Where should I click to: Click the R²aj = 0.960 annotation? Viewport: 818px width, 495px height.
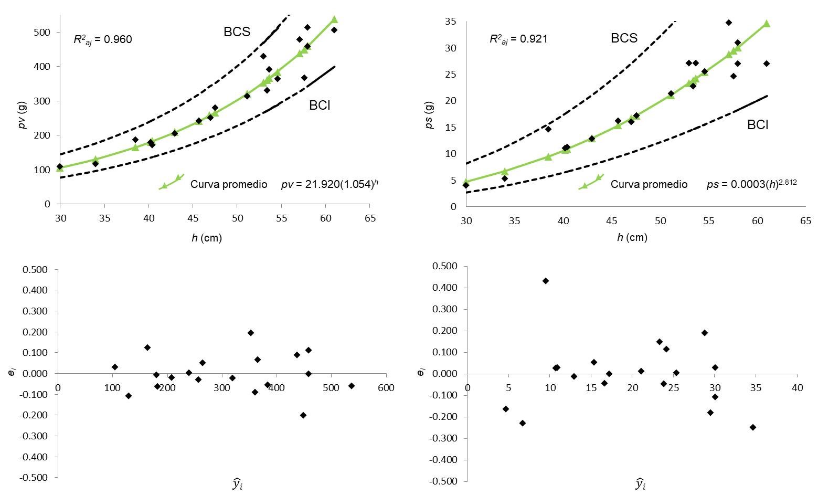click(x=103, y=39)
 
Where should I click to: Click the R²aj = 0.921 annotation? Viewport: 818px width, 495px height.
click(x=518, y=39)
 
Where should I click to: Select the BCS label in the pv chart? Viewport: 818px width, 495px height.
click(x=237, y=31)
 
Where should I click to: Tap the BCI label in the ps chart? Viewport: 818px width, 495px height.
click(x=758, y=125)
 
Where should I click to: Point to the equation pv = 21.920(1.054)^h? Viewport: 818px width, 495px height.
click(x=330, y=184)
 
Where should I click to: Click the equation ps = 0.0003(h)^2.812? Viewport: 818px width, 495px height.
click(x=748, y=184)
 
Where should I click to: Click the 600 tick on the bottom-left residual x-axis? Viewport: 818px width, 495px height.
click(x=386, y=388)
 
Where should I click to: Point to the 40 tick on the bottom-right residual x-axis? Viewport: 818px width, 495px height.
click(x=797, y=388)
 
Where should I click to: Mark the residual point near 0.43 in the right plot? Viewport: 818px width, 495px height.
click(x=546, y=281)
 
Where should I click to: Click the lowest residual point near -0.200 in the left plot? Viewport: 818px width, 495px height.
click(x=303, y=415)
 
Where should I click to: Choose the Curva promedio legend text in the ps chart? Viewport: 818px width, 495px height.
click(x=649, y=184)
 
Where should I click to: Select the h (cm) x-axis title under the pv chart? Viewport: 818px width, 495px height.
click(x=207, y=238)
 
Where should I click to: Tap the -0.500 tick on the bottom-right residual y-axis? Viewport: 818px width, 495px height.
click(x=446, y=481)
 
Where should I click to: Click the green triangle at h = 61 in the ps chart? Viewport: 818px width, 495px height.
click(x=767, y=24)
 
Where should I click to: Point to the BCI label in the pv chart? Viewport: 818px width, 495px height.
click(x=320, y=105)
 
